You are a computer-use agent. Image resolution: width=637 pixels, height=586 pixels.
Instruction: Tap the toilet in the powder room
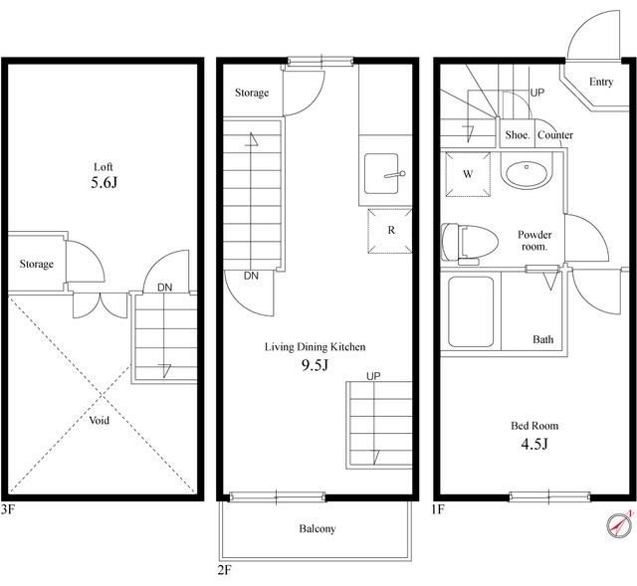[x=470, y=243]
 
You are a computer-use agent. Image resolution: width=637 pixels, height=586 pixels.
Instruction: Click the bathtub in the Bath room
[x=471, y=311]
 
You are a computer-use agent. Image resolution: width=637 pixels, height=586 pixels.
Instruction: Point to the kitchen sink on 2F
[x=381, y=173]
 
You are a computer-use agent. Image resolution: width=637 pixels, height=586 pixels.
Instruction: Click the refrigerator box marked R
[x=390, y=231]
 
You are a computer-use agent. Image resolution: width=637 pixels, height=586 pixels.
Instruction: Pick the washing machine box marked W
[x=468, y=174]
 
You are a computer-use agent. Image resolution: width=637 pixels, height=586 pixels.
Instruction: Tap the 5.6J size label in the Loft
[x=104, y=183]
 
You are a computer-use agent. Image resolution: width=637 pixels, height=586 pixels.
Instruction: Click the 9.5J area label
[x=315, y=365]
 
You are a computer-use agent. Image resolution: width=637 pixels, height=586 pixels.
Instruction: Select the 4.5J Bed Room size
[x=534, y=444]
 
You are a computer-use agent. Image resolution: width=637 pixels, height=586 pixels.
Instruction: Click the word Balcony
[x=318, y=528]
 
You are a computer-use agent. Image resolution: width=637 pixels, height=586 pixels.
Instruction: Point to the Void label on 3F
[x=100, y=420]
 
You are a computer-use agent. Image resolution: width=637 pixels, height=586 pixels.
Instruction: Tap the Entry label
[x=601, y=82]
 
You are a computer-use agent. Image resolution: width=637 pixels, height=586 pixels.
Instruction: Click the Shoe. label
[x=518, y=135]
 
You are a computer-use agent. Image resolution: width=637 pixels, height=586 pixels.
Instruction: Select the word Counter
[x=555, y=135]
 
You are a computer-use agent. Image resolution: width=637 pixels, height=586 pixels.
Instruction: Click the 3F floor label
[x=8, y=509]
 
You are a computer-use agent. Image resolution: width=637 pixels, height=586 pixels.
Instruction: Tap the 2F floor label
[x=224, y=570]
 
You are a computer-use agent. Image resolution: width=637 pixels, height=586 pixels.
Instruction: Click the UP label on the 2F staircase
[x=373, y=376]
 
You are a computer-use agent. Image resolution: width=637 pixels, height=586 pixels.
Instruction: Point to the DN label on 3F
[x=164, y=288]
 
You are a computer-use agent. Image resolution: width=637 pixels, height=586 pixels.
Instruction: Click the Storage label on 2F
[x=252, y=93]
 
